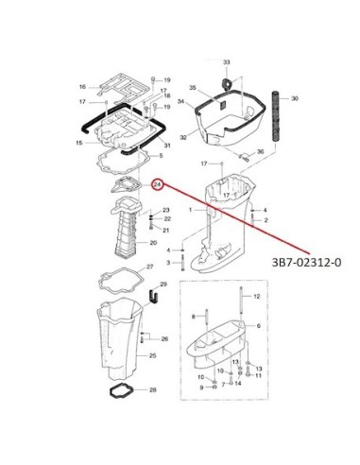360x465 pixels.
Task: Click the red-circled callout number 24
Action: (157, 184)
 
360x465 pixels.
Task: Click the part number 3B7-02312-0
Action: (306, 262)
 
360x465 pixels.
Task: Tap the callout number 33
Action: (227, 62)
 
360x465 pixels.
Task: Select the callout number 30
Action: (294, 98)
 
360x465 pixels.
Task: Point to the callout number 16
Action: (82, 87)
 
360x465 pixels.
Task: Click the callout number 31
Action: (167, 146)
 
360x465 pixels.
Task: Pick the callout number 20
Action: (153, 243)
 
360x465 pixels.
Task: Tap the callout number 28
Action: (153, 390)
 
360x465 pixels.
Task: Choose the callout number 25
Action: (153, 355)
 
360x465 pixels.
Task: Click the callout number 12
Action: (257, 296)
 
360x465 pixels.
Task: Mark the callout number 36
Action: (260, 152)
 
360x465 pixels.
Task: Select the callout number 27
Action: (150, 267)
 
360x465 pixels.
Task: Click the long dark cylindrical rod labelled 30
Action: (276, 116)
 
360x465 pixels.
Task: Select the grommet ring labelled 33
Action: (227, 83)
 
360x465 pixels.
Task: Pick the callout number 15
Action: (79, 143)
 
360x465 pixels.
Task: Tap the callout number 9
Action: (201, 387)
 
